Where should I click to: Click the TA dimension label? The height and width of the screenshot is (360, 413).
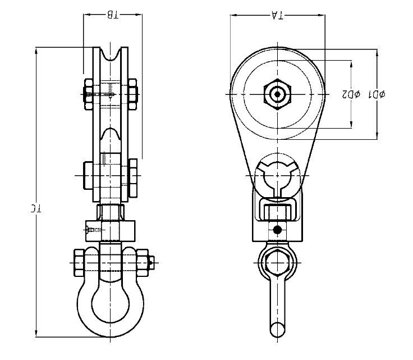277,16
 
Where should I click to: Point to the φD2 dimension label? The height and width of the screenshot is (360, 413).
351,94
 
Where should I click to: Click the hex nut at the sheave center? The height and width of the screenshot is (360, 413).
277,94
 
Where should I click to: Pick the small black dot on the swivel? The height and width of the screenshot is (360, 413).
277,229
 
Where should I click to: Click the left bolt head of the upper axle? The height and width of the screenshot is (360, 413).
90,94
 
